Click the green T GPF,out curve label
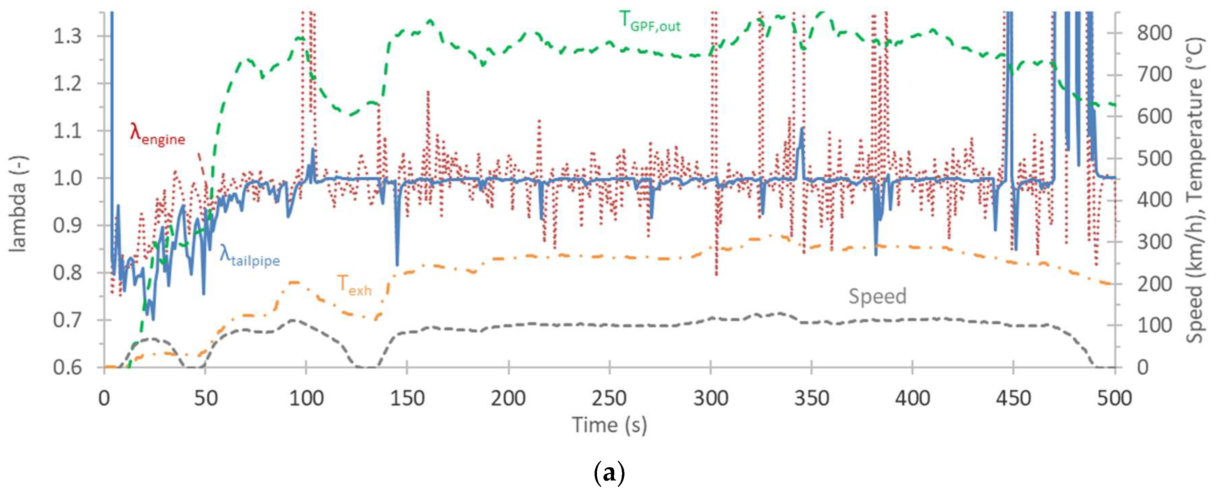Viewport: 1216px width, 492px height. [x=650, y=22]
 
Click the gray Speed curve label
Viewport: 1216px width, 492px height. [x=877, y=297]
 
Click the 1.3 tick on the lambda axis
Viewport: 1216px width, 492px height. [x=67, y=36]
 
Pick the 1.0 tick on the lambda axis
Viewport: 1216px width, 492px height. [x=67, y=178]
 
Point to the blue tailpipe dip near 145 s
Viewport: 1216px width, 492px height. [x=397, y=264]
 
